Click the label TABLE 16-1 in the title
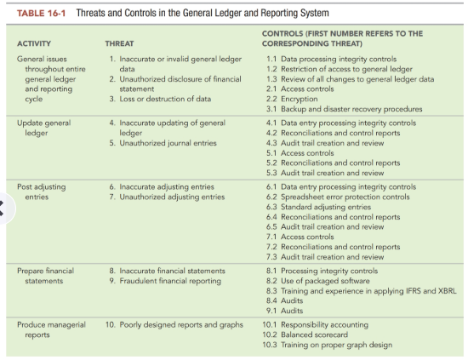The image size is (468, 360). [x=43, y=14]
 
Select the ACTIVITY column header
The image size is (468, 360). [x=34, y=43]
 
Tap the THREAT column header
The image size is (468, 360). [x=120, y=43]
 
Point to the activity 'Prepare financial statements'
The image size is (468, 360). [x=46, y=276]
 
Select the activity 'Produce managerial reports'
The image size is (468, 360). [x=49, y=329]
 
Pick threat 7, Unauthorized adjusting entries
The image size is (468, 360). [x=166, y=197]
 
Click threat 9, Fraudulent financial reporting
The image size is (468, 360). [x=163, y=281]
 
